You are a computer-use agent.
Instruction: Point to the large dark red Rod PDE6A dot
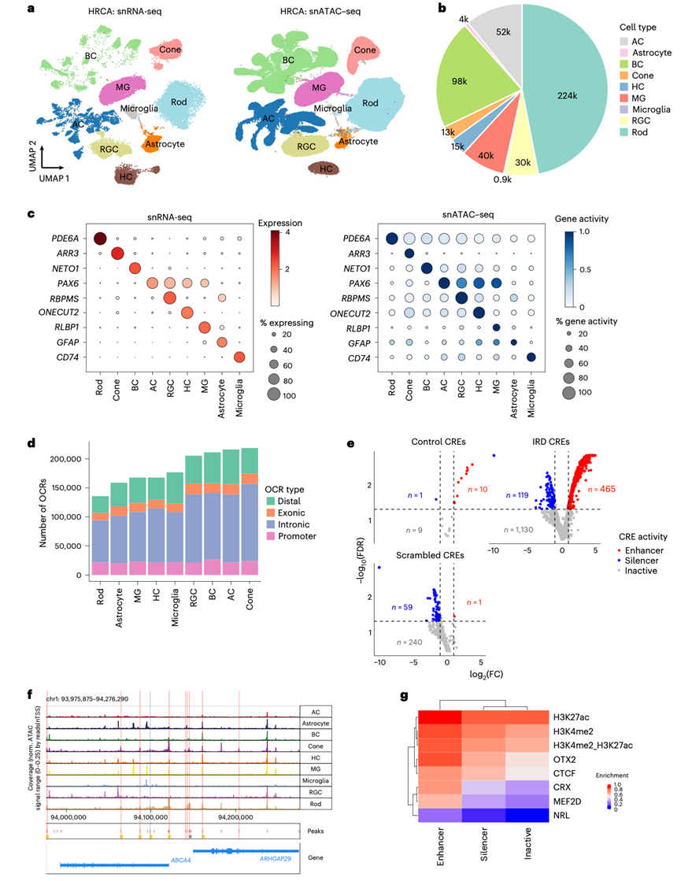tap(100, 239)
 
